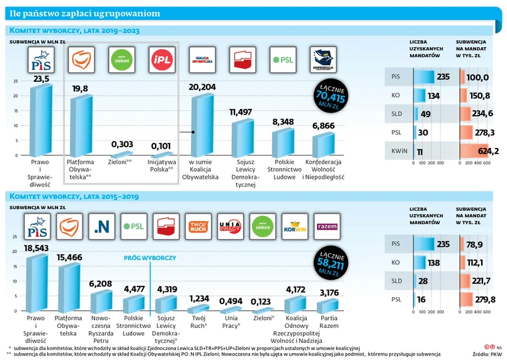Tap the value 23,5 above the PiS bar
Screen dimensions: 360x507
(x=41, y=78)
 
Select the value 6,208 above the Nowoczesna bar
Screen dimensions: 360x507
(x=101, y=284)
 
